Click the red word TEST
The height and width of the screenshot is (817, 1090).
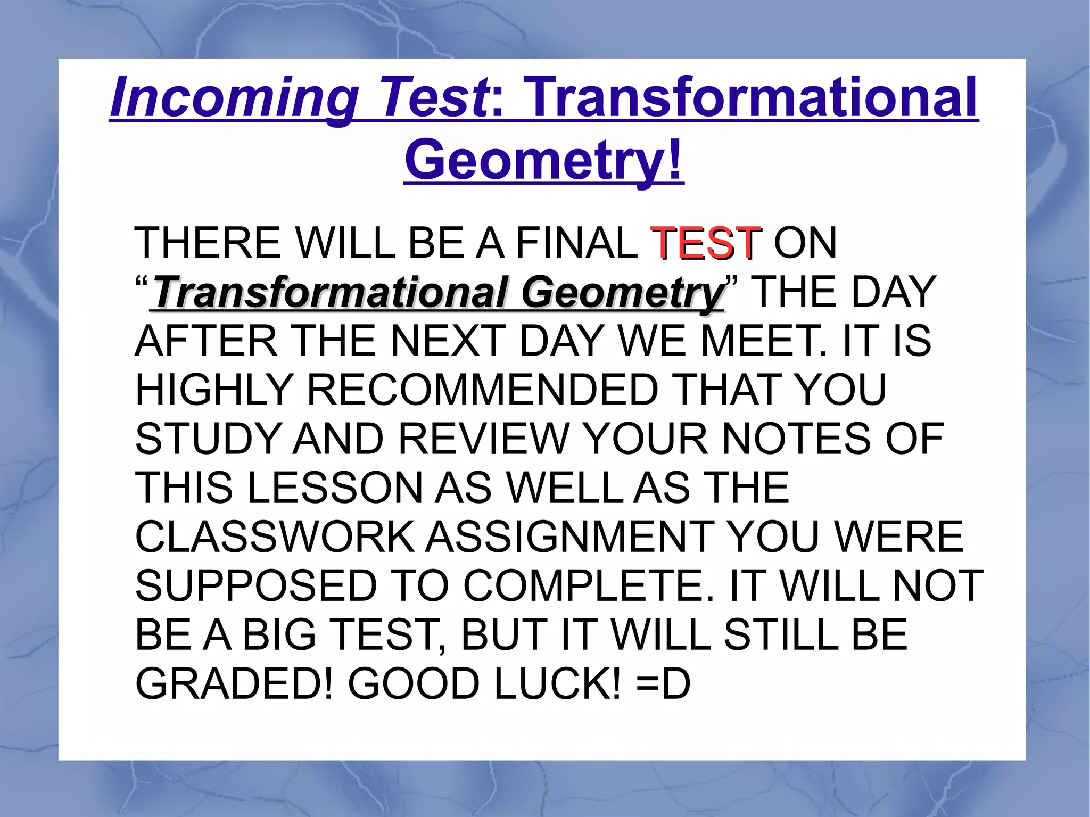point(706,243)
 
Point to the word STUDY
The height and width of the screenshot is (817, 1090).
point(208,439)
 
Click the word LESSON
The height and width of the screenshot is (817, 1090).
point(335,488)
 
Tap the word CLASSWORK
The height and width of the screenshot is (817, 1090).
point(275,537)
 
